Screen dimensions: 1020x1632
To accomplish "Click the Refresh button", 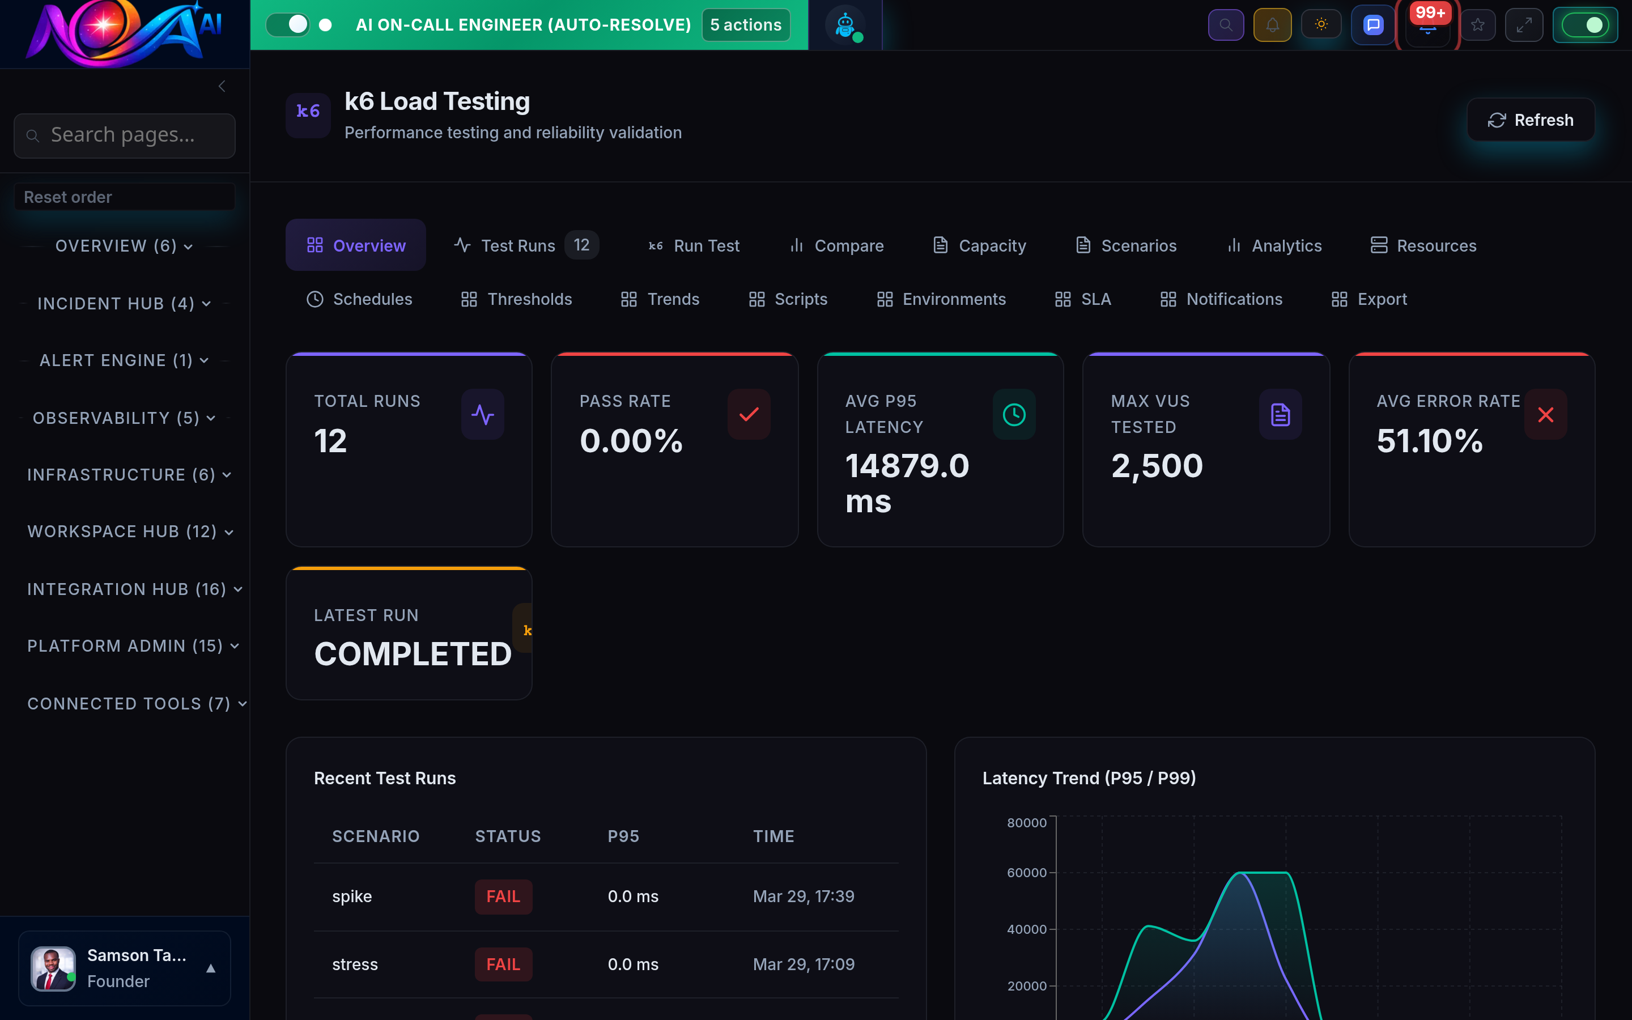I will [x=1530, y=120].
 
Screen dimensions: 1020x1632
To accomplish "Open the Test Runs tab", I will [x=517, y=245].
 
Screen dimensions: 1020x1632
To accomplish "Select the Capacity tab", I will [x=979, y=245].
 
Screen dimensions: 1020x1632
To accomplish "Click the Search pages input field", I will [x=125, y=135].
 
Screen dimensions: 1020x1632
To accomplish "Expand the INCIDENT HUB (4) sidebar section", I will [x=124, y=304].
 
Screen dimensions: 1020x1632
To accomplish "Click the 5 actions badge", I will [x=745, y=25].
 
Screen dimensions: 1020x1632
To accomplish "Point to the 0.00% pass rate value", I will [x=631, y=441].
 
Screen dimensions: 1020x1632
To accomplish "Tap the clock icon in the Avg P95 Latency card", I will [x=1014, y=414].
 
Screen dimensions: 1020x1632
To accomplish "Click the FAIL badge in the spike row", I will [x=503, y=896].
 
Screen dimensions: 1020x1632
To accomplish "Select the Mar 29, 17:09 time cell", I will [x=803, y=964].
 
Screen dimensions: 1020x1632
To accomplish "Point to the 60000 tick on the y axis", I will [x=1026, y=872].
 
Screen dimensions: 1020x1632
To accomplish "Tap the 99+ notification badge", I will [x=1430, y=13].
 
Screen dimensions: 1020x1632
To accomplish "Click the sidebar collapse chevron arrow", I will [x=222, y=86].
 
